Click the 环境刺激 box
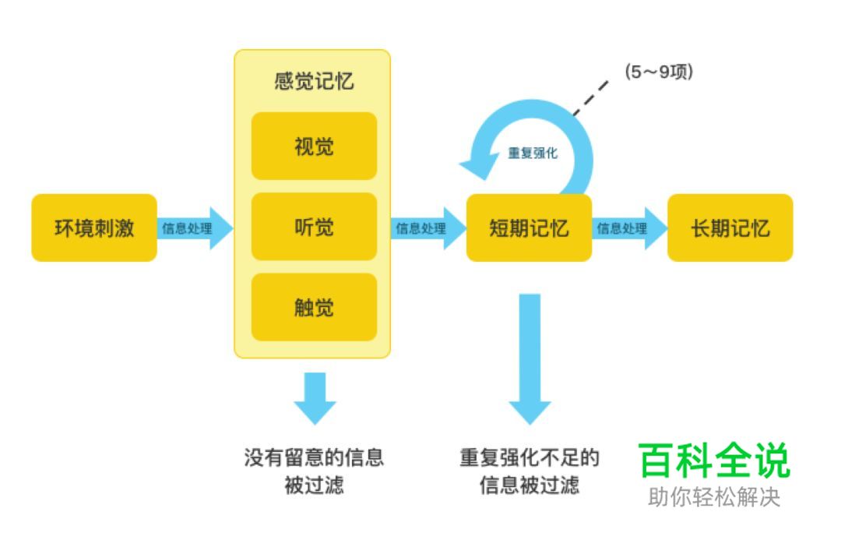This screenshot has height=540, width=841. click(x=93, y=228)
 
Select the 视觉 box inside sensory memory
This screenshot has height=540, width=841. click(x=314, y=146)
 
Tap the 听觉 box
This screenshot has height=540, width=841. click(x=314, y=227)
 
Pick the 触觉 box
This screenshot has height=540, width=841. click(x=314, y=307)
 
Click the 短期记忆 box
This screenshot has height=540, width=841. click(x=529, y=228)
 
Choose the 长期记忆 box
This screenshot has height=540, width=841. click(x=730, y=228)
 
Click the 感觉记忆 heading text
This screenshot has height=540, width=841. click(x=313, y=82)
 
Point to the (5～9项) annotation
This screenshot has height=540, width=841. click(x=659, y=72)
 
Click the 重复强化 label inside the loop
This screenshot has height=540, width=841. click(x=533, y=154)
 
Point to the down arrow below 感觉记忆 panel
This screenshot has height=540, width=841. click(x=315, y=397)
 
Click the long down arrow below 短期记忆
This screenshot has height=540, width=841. click(x=530, y=358)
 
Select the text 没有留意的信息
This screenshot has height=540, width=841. click(x=314, y=457)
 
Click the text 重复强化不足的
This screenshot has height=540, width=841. click(x=530, y=457)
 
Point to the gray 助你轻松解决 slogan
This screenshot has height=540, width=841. click(x=713, y=498)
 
